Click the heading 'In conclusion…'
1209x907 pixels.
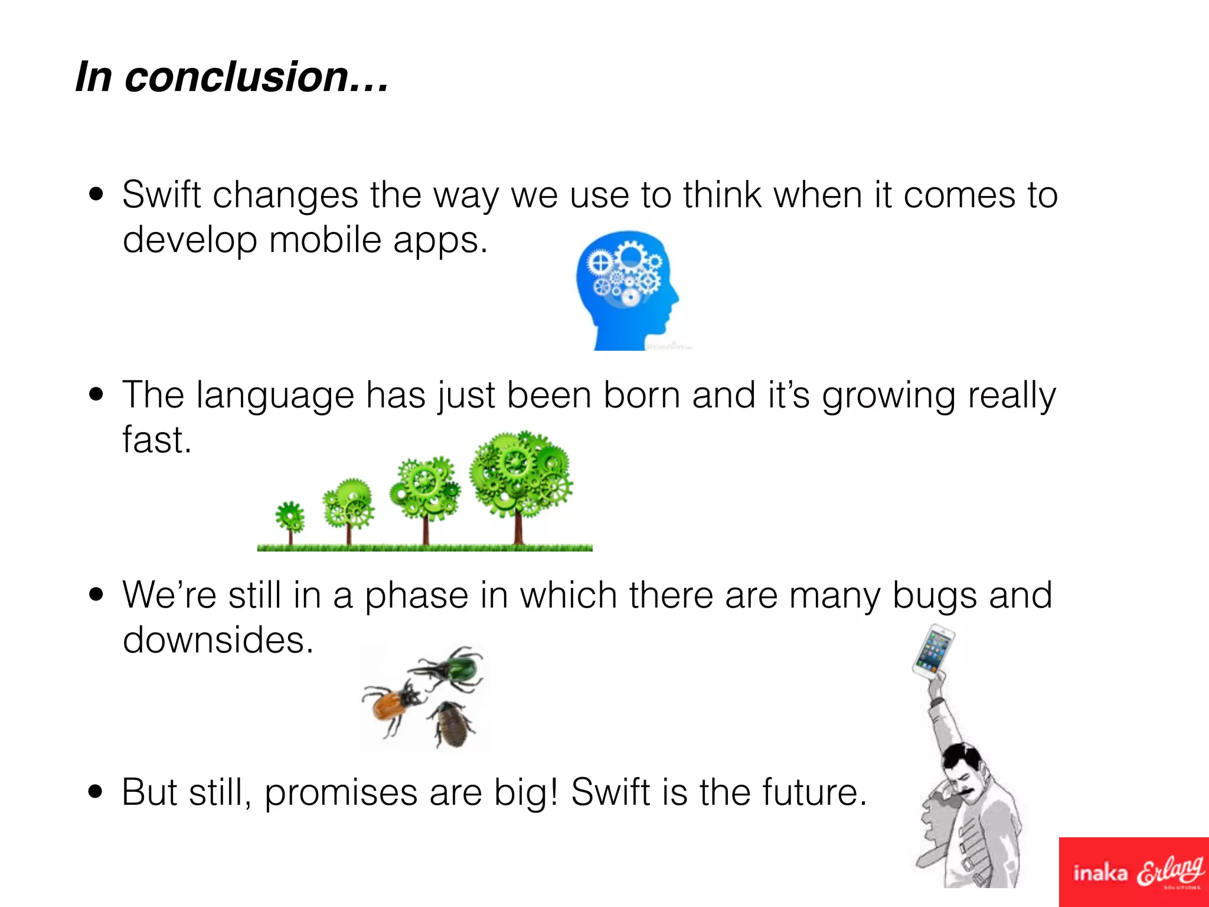231,77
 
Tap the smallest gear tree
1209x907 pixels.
290,519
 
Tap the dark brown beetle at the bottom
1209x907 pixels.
452,724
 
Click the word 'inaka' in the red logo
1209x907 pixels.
1100,873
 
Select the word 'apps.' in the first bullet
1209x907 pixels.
440,240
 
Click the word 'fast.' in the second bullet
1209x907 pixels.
157,440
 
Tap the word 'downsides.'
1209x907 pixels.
218,640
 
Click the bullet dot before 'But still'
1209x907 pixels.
96,792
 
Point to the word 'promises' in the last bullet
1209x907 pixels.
341,793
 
